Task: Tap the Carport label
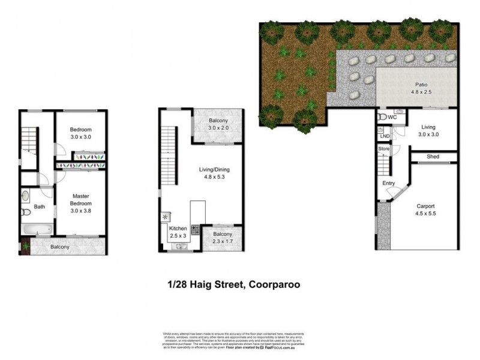coord(425,205)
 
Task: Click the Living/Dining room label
coord(214,169)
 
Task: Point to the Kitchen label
coord(178,229)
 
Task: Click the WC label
coord(393,117)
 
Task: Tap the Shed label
coord(433,157)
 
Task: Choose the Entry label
coord(388,183)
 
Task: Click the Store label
coord(384,148)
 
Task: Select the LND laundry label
coord(385,136)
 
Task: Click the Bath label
coord(40,207)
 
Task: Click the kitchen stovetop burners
coord(195,228)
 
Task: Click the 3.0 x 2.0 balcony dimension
coord(218,128)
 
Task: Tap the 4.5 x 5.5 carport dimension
coord(425,213)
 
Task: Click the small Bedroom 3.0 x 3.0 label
coord(80,133)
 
